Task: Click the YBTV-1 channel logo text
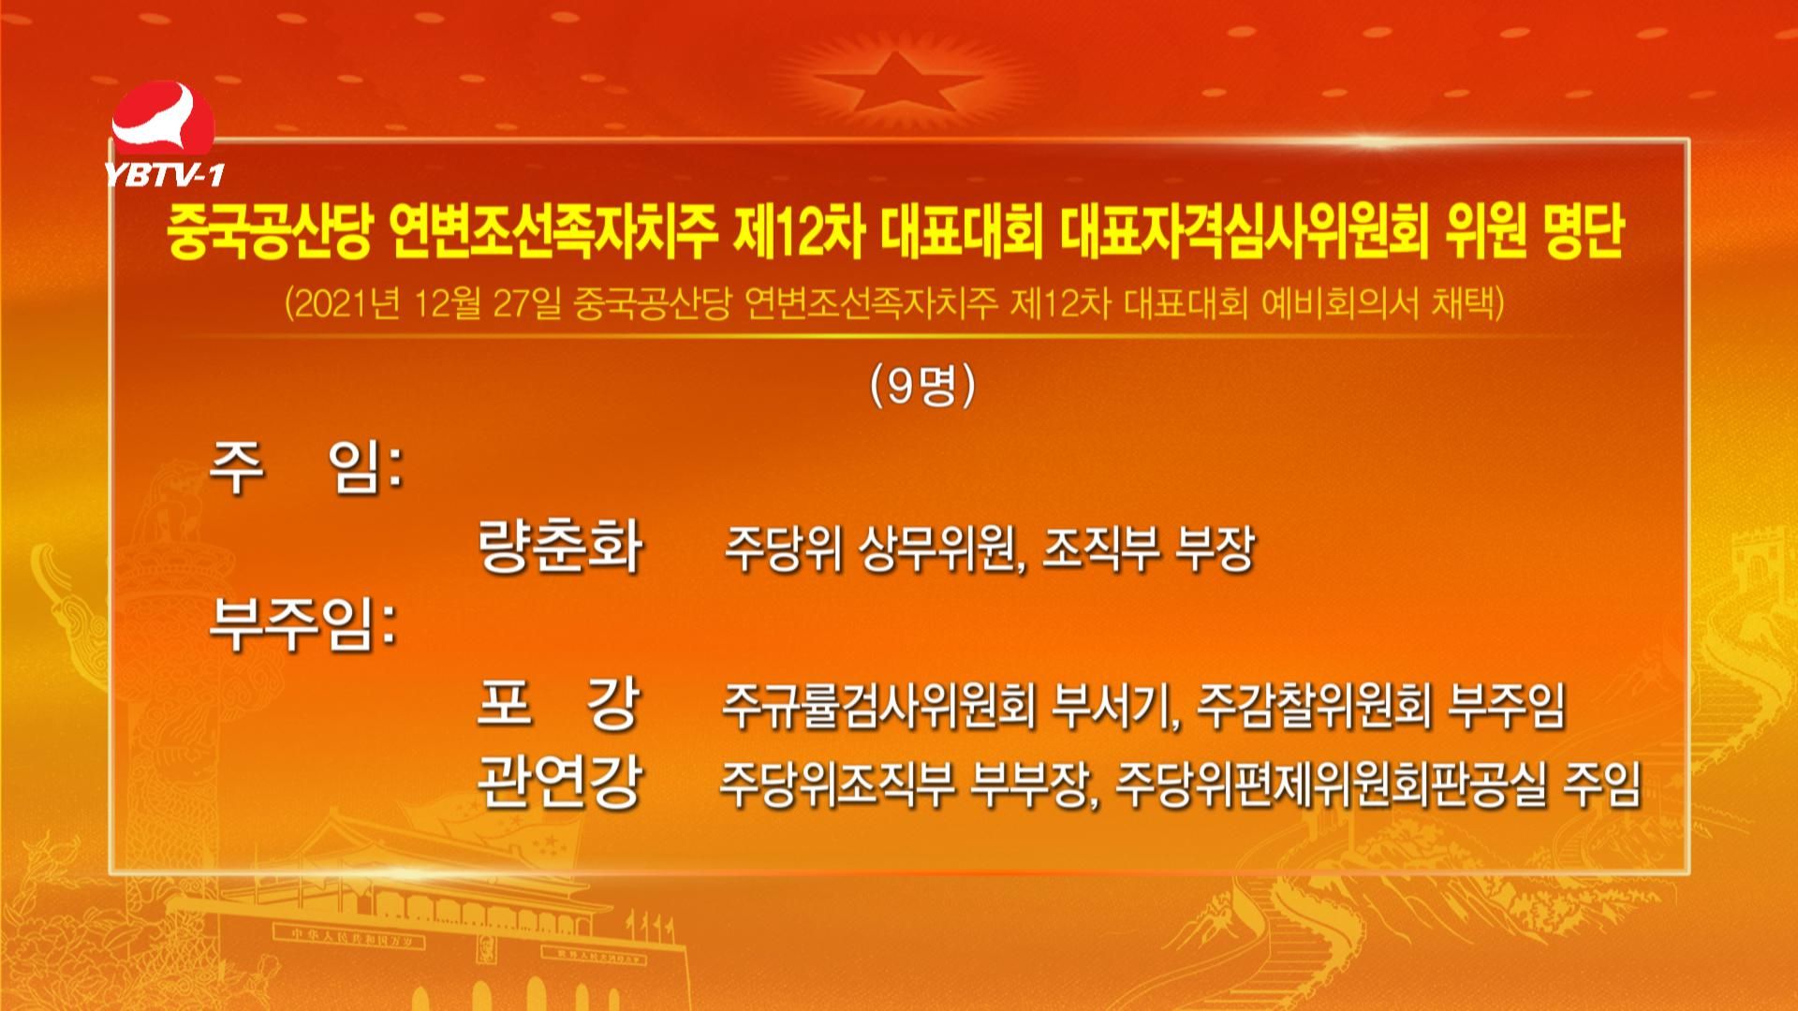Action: tap(164, 175)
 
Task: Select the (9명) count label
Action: tap(922, 385)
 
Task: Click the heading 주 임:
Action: tap(305, 468)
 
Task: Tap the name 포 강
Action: tap(560, 704)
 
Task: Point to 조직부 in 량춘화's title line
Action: tap(1089, 548)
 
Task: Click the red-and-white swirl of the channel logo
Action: tap(164, 122)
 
